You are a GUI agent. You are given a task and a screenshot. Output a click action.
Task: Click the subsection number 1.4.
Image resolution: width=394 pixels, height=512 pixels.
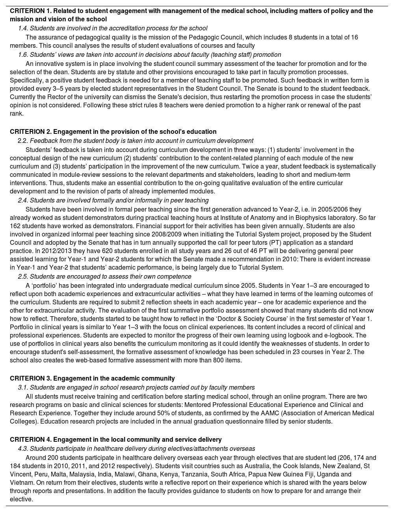[x=23, y=28]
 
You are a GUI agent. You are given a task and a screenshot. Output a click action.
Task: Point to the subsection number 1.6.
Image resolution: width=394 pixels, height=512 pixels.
[x=23, y=54]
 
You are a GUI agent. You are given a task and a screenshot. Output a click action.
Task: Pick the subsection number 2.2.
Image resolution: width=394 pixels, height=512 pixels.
[x=23, y=141]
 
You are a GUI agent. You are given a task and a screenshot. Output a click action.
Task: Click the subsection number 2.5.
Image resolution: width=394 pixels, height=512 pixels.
[x=23, y=276]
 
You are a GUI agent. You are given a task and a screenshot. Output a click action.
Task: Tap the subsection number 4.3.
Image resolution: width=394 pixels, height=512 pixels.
[x=23, y=448]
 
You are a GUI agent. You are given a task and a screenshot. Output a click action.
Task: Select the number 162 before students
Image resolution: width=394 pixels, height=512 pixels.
[x=15, y=226]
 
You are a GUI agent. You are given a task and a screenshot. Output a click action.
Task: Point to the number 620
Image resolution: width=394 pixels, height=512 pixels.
[x=109, y=251]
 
